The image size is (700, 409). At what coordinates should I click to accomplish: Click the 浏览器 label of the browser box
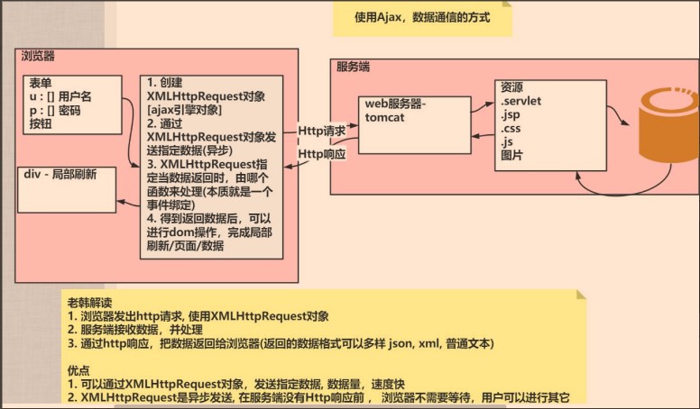(38, 56)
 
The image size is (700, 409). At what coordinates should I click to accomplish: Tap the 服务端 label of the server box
(351, 67)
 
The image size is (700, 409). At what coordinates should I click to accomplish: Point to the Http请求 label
(322, 131)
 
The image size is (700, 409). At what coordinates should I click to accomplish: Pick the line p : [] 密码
(55, 110)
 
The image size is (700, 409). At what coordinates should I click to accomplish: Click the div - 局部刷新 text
(61, 174)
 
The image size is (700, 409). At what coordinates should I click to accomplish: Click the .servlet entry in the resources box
(521, 101)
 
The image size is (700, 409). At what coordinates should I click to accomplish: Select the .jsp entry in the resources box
(511, 114)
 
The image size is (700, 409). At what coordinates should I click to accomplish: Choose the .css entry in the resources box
(511, 128)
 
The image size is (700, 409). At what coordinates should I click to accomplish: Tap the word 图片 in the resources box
(512, 154)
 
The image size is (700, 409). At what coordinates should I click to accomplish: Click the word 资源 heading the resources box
(512, 87)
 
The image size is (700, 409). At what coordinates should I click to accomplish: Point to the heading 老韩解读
(90, 301)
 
